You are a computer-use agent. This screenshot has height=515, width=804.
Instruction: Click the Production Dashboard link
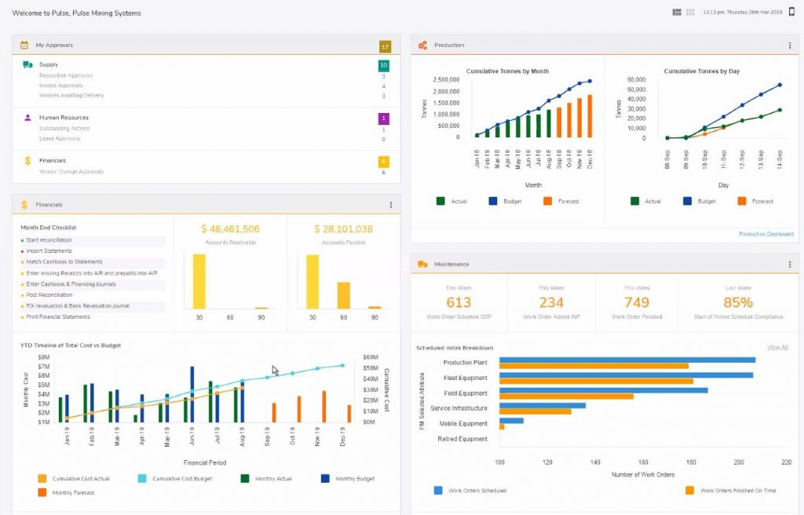click(x=766, y=234)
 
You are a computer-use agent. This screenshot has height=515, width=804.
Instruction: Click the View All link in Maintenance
click(x=777, y=347)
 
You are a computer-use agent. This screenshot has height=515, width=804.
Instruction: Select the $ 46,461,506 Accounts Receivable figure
click(x=230, y=229)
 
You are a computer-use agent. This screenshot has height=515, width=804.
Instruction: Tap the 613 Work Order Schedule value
click(x=459, y=302)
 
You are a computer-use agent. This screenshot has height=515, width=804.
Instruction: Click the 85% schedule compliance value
click(x=738, y=302)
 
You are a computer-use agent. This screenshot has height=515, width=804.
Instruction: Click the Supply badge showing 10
click(x=383, y=65)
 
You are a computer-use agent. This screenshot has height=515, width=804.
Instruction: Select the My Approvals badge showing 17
click(x=384, y=46)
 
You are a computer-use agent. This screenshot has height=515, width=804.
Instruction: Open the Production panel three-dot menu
click(x=790, y=46)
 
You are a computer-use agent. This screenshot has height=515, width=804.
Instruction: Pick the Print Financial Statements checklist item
click(x=58, y=317)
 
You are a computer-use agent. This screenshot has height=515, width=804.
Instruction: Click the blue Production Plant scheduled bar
click(x=627, y=360)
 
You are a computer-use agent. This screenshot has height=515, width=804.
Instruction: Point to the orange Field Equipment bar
click(x=565, y=396)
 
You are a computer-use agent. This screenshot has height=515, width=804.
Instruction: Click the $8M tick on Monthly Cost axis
click(x=43, y=356)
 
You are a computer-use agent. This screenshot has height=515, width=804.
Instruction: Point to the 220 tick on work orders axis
click(x=786, y=462)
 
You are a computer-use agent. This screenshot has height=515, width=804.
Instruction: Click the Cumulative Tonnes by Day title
click(x=701, y=71)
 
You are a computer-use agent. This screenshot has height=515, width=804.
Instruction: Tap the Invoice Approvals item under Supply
click(x=60, y=86)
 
